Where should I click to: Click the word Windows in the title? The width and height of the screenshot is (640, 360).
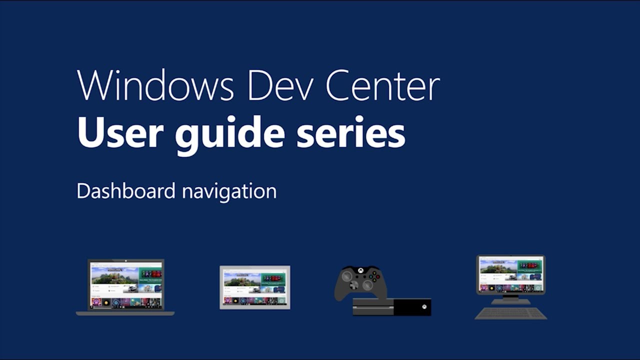point(155,86)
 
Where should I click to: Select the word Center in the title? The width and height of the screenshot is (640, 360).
point(382,86)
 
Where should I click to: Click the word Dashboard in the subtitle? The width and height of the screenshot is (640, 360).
point(126,191)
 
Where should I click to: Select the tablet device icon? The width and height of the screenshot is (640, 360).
point(255,287)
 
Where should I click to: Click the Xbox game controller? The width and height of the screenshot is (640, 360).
point(360,282)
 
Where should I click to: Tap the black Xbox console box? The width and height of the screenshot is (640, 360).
point(392,306)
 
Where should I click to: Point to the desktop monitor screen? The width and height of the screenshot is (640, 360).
point(510,274)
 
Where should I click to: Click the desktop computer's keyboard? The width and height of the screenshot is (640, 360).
point(510,313)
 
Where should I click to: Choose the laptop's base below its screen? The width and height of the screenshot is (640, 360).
point(125,313)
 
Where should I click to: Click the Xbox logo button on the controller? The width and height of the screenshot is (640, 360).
point(360,270)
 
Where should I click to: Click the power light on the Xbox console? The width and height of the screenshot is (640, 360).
point(424,306)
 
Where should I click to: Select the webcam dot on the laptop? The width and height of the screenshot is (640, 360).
point(126,260)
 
